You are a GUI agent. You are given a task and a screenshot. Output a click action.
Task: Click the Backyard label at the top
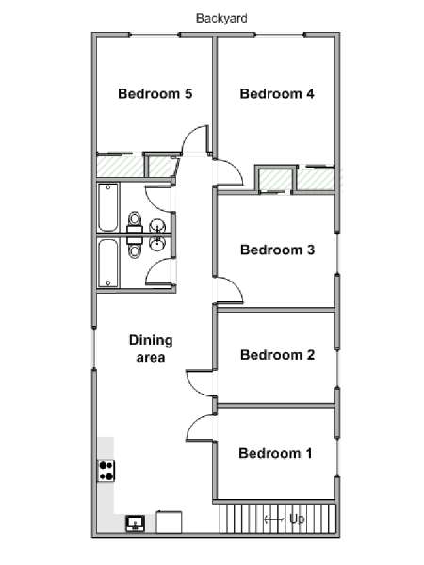pos(221,19)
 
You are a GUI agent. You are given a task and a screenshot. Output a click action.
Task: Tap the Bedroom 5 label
pos(155,93)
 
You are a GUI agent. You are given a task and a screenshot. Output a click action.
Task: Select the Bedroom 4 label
pos(277,93)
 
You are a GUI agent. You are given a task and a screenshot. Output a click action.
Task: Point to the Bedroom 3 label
pos(277,250)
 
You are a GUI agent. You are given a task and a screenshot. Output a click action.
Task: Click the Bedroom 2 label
pos(277,355)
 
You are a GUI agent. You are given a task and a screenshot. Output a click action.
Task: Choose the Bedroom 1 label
pos(275,453)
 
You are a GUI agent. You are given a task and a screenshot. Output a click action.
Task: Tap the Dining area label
pos(151,348)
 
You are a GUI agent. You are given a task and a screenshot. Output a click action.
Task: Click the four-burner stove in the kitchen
pos(106,471)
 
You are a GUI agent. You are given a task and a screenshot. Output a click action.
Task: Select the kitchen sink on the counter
pos(135,524)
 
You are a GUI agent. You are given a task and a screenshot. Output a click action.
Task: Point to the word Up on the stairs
pos(297,519)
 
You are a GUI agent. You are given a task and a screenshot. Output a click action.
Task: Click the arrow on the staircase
pos(273,519)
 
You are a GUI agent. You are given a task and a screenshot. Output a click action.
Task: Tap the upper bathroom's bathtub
pos(107,207)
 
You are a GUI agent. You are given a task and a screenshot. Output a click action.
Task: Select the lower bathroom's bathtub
pos(107,264)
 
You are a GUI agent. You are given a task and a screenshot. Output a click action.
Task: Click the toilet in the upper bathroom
pos(135,221)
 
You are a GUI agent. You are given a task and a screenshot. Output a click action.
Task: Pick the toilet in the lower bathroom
pos(135,248)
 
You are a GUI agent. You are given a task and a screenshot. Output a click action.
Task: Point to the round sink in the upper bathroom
pos(156,226)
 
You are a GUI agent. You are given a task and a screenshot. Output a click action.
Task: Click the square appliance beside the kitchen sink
pos(169,522)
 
